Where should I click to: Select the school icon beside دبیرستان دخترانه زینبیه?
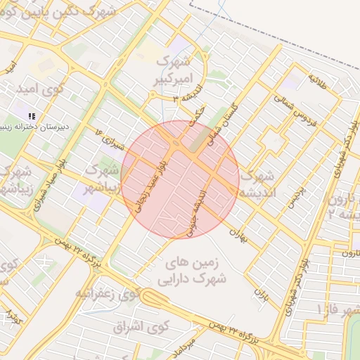[x=32, y=116]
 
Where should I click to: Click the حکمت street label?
[x=199, y=119]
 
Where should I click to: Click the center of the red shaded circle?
[x=180, y=180]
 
